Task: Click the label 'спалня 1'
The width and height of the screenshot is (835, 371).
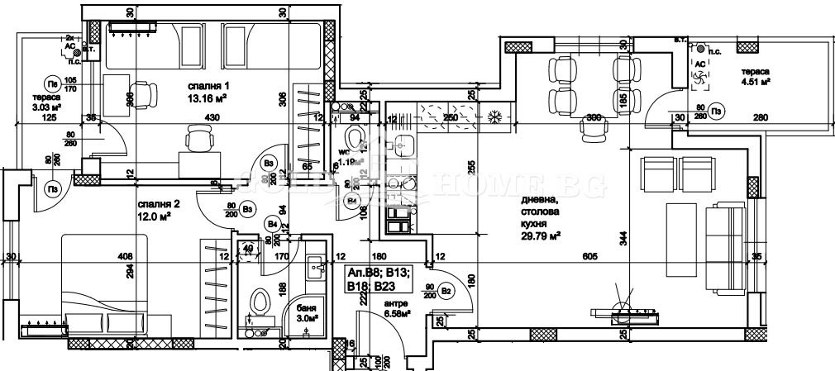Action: [x=208, y=86]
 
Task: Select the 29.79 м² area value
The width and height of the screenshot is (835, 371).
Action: [x=542, y=235]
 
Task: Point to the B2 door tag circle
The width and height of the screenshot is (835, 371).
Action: [x=447, y=290]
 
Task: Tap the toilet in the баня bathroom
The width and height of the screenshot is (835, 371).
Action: [x=262, y=305]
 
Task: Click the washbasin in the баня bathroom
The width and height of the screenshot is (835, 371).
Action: [x=315, y=266]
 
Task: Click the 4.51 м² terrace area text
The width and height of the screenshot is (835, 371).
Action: [x=756, y=83]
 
